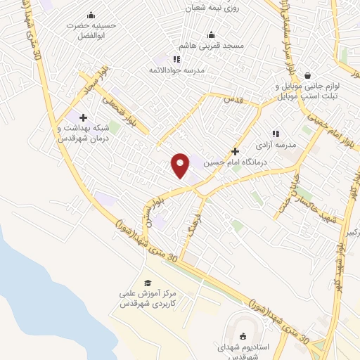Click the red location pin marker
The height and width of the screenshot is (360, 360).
[181, 165]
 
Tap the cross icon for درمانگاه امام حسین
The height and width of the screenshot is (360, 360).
[235, 150]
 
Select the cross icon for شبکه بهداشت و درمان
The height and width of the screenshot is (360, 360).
[84, 117]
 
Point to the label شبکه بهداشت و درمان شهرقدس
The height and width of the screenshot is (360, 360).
[85, 134]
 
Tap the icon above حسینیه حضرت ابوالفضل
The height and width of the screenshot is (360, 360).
[91, 15]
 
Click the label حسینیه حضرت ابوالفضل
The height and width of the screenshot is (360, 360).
[91, 29]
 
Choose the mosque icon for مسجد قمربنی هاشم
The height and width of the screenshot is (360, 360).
[210, 34]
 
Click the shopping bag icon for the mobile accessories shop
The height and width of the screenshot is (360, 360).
[308, 75]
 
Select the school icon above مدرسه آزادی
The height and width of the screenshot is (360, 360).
[276, 133]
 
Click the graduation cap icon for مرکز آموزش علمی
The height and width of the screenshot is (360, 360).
[147, 282]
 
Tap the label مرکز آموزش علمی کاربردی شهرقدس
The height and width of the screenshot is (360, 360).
[147, 298]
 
